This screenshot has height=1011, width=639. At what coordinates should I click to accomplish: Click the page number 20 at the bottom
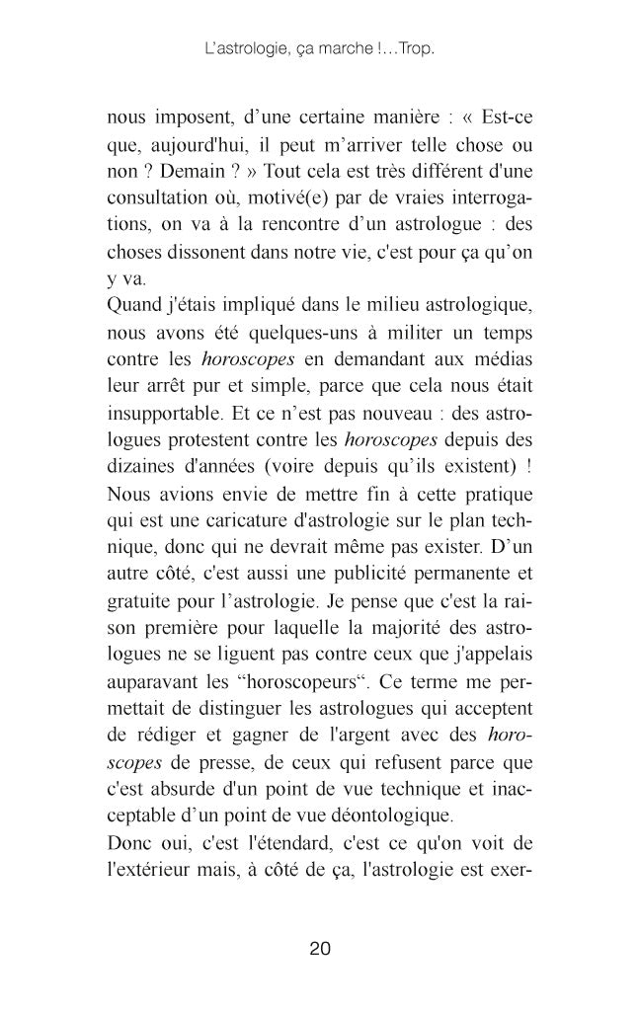pyautogui.click(x=319, y=949)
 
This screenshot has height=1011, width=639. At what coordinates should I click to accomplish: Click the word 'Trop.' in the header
pyautogui.click(x=416, y=47)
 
